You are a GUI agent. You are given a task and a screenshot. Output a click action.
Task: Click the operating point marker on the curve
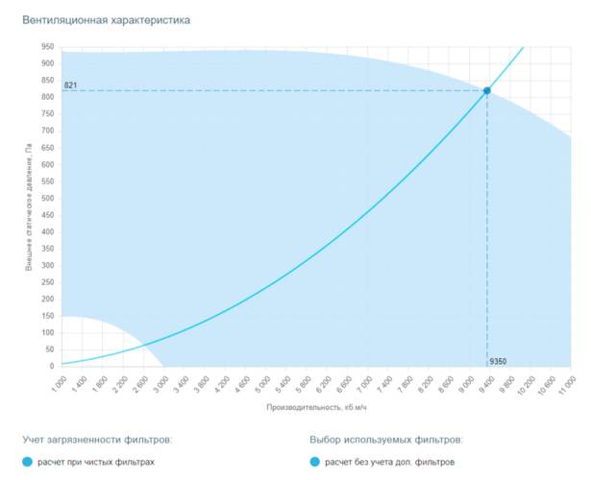(487, 90)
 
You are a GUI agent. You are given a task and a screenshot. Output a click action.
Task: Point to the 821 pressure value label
(70, 85)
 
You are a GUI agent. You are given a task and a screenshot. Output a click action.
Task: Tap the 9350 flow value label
(498, 361)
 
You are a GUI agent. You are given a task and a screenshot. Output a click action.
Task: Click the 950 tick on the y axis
(47, 46)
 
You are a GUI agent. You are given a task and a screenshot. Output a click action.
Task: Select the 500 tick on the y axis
(47, 198)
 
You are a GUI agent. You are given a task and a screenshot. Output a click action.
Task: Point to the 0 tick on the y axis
(51, 367)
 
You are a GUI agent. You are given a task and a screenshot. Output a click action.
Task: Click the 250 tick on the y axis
(47, 282)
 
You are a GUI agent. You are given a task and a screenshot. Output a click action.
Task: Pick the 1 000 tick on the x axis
(60, 382)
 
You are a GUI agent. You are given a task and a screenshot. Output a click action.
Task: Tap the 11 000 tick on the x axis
(567, 384)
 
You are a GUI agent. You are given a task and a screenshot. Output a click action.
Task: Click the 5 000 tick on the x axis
(262, 382)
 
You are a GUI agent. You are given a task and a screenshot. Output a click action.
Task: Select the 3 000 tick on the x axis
(161, 382)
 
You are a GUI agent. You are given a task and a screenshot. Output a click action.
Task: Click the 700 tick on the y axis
(47, 131)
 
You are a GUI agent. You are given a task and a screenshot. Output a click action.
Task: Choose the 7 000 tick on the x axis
(364, 382)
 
